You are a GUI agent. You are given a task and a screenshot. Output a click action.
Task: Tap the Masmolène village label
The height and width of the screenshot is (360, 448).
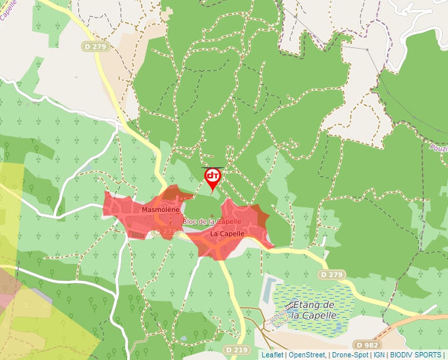pos(160,209)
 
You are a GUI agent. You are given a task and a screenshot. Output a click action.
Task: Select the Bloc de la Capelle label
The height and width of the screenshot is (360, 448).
pos(212,222)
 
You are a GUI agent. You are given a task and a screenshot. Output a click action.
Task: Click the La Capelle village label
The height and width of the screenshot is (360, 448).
pos(227,234)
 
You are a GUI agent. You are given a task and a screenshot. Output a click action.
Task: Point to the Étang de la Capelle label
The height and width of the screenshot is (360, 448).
pos(314,310)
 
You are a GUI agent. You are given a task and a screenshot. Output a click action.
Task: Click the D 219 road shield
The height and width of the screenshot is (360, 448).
pos(235,349)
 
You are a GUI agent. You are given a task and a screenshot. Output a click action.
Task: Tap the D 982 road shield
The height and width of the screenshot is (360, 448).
pos(367,345)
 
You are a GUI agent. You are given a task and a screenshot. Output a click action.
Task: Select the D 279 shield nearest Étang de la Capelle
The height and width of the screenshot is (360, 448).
pos(332,274)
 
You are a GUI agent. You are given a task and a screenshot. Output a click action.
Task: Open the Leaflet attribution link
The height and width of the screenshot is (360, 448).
pos(272,355)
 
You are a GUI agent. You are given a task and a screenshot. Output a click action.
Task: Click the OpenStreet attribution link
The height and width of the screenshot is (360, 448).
pos(306,355)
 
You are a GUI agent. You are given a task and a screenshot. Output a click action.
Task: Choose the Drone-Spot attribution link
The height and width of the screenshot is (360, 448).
pos(350,355)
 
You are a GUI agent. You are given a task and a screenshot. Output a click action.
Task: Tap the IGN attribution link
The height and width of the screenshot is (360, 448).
pos(379,355)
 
